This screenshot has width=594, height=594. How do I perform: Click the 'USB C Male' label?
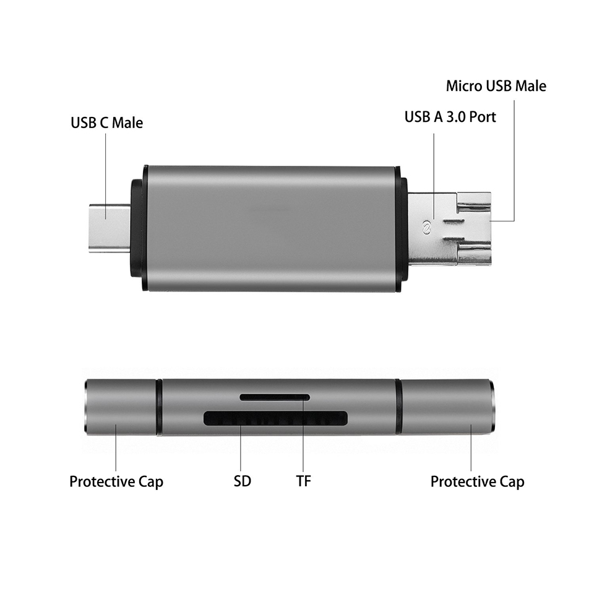(106, 123)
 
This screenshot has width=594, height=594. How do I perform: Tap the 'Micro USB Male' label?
(496, 85)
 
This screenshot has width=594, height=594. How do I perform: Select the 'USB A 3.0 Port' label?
(450, 116)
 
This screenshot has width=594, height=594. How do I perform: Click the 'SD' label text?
(243, 481)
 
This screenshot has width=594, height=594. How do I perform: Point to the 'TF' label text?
(303, 481)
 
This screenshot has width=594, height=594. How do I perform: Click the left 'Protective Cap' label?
(116, 481)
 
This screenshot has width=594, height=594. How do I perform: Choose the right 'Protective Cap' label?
(477, 481)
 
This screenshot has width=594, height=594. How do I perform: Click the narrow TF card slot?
(275, 397)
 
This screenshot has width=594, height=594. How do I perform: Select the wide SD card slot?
(275, 418)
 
